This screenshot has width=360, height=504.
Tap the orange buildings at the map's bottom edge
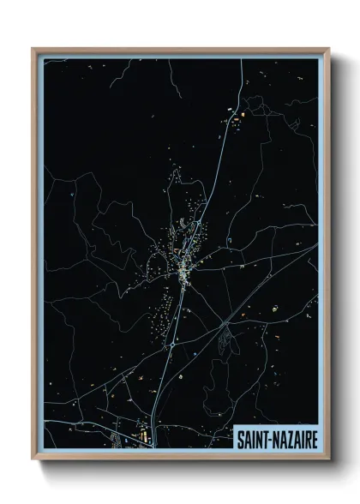(142, 437)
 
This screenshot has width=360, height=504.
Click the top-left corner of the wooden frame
(33, 50)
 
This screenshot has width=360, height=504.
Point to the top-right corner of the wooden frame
(328, 50)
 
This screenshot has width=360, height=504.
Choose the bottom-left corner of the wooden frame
(33, 460)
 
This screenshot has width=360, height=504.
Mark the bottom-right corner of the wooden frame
(328, 460)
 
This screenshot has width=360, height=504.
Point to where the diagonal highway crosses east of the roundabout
(225, 323)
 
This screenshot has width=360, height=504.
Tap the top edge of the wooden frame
(180, 50)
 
